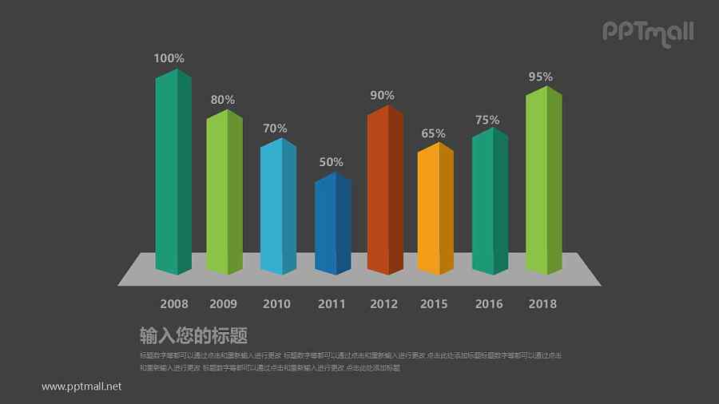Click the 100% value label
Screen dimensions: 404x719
pyautogui.click(x=169, y=58)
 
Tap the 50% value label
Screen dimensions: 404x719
pyautogui.click(x=332, y=162)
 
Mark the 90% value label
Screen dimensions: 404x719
pyautogui.click(x=383, y=95)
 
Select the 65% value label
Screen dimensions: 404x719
pyautogui.click(x=434, y=133)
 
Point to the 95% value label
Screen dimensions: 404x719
pyautogui.click(x=541, y=77)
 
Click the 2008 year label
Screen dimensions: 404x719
pyautogui.click(x=174, y=303)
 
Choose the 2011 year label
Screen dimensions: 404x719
pyautogui.click(x=332, y=303)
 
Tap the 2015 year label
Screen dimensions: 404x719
pyautogui.click(x=434, y=303)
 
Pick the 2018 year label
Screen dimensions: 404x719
pyautogui.click(x=542, y=303)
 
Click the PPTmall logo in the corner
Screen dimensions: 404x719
pyautogui.click(x=647, y=32)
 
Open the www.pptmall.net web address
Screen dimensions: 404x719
pyautogui.click(x=81, y=386)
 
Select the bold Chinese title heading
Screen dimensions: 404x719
pyautogui.click(x=193, y=335)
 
